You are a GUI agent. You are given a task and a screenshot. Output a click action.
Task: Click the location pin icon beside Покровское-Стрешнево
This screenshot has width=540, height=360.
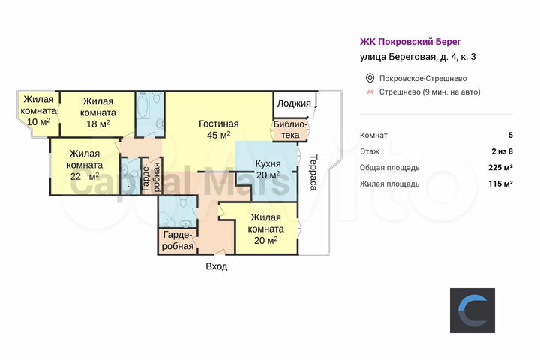click(x=369, y=79)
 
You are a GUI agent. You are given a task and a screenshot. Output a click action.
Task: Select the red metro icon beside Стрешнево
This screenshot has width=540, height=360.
click(x=369, y=92)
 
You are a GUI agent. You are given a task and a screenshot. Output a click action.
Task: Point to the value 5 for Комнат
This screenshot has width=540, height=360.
click(x=510, y=136)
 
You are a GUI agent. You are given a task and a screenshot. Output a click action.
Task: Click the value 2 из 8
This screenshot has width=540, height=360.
click(x=501, y=151)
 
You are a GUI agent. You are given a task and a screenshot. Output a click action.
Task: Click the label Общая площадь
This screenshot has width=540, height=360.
click(x=389, y=167)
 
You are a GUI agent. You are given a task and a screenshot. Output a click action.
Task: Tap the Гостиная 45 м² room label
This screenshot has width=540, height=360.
click(x=218, y=130)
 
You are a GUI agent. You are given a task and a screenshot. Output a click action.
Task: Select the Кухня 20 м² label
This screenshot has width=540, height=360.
click(x=268, y=169)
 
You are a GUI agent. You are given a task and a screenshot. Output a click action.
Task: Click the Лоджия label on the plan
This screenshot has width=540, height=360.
click(x=293, y=103)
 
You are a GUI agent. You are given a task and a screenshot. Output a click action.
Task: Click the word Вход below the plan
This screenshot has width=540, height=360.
click(x=216, y=266)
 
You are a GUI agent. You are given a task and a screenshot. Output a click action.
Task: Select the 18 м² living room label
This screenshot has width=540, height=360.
click(x=97, y=113)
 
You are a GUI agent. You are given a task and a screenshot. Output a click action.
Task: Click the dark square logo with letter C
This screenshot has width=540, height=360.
click(x=472, y=310)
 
